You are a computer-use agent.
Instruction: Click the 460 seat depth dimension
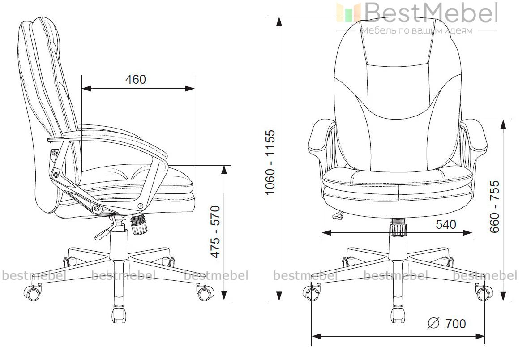pos(136,79)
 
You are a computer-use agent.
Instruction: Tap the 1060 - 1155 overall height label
pos(270,162)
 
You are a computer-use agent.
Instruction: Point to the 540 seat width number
pos(445,224)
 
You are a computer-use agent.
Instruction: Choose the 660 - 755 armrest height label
pos(495,206)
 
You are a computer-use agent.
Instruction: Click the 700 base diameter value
pos(455,324)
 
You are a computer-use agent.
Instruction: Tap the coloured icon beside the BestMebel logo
pos(349,13)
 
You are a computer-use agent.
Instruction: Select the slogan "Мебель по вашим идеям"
pos(417,31)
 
